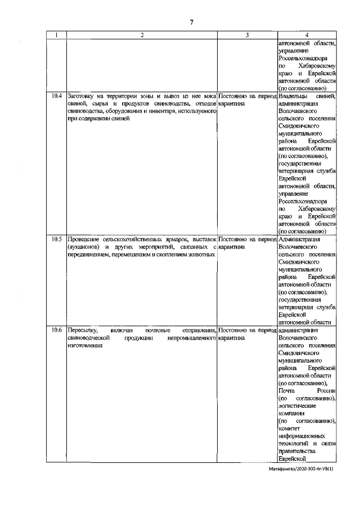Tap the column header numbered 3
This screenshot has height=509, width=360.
246,35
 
